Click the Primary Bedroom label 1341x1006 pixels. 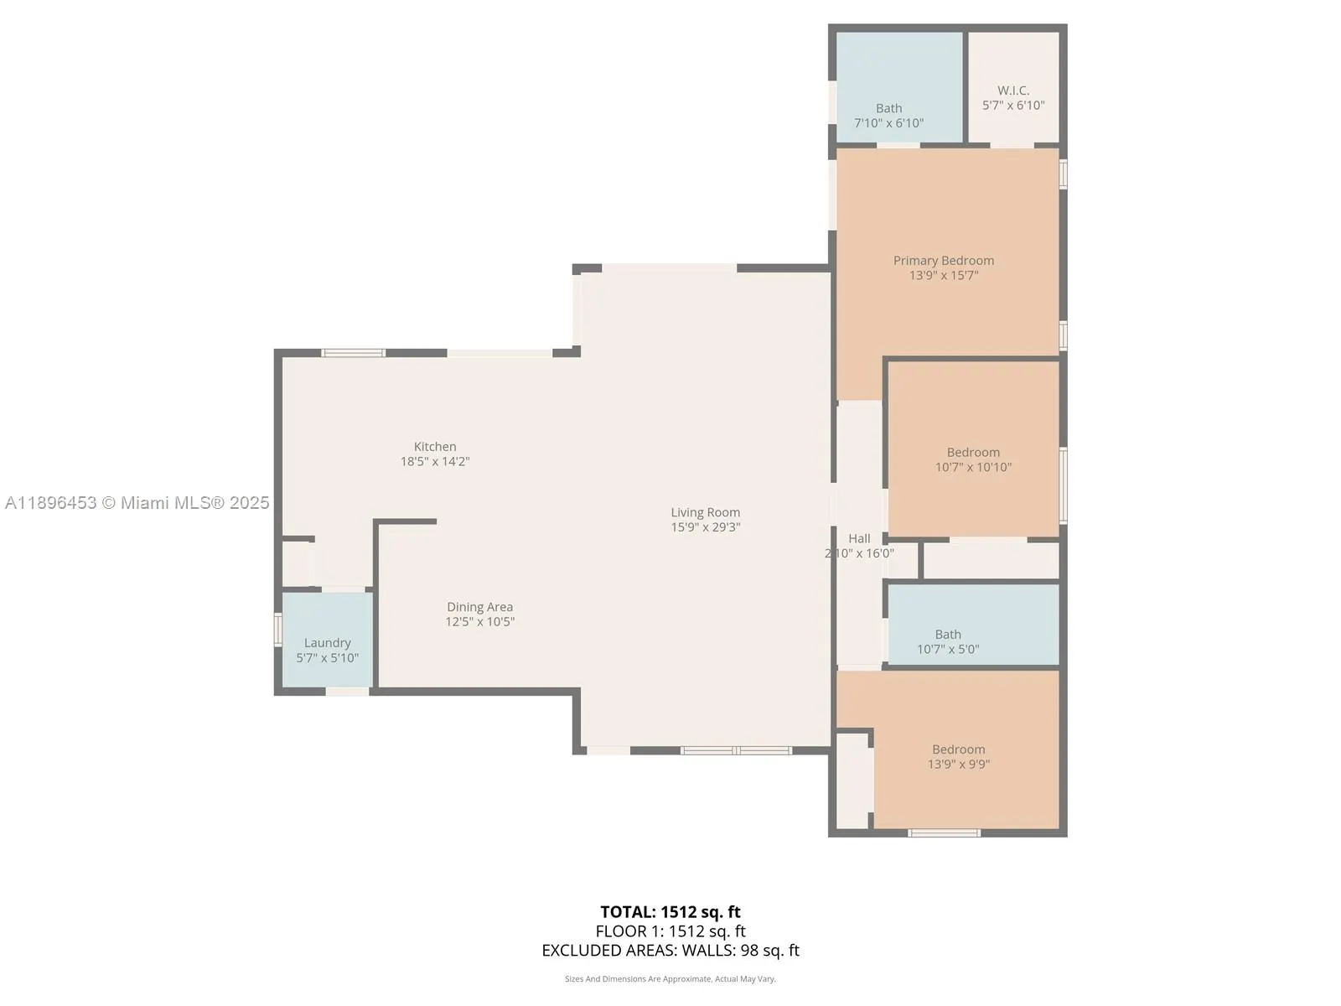tap(943, 261)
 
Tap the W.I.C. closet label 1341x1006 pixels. tap(1013, 91)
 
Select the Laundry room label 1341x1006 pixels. tap(328, 642)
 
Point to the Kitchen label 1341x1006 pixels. tap(435, 447)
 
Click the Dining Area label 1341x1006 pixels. tap(480, 607)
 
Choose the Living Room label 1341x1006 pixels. tap(706, 512)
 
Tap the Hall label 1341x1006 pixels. tap(860, 539)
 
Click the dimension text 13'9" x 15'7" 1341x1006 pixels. tap(944, 276)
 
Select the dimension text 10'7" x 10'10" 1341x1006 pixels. tap(973, 467)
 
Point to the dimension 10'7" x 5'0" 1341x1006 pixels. tap(948, 649)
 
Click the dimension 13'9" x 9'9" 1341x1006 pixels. tap(959, 764)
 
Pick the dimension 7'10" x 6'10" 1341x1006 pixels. tap(889, 122)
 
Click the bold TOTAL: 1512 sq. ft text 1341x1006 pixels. tap(670, 912)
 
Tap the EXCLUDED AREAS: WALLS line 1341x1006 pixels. tap(670, 951)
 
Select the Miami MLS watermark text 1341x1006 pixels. tap(137, 503)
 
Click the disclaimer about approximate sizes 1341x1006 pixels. tap(670, 978)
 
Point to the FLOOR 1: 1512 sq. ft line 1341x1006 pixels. tap(670, 931)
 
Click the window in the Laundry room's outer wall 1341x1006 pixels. tap(278, 629)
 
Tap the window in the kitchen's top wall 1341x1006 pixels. tap(354, 353)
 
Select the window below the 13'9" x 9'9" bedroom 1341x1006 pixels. tap(944, 833)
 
